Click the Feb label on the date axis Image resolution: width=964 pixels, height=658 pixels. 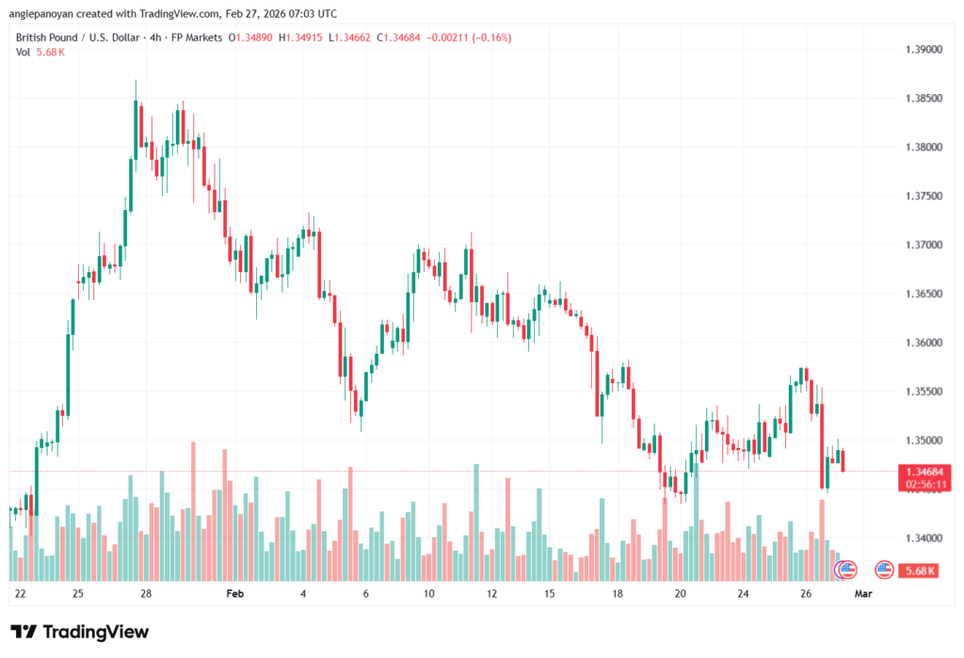click(x=235, y=594)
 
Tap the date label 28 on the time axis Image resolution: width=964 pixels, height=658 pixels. click(x=146, y=594)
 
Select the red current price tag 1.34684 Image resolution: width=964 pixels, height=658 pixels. click(x=920, y=471)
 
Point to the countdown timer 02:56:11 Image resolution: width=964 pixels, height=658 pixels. click(x=920, y=484)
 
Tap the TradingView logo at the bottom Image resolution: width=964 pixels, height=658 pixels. click(x=79, y=632)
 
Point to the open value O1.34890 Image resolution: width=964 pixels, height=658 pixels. click(x=253, y=38)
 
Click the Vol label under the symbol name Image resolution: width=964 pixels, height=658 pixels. click(x=24, y=52)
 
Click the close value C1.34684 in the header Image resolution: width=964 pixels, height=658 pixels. click(x=401, y=38)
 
